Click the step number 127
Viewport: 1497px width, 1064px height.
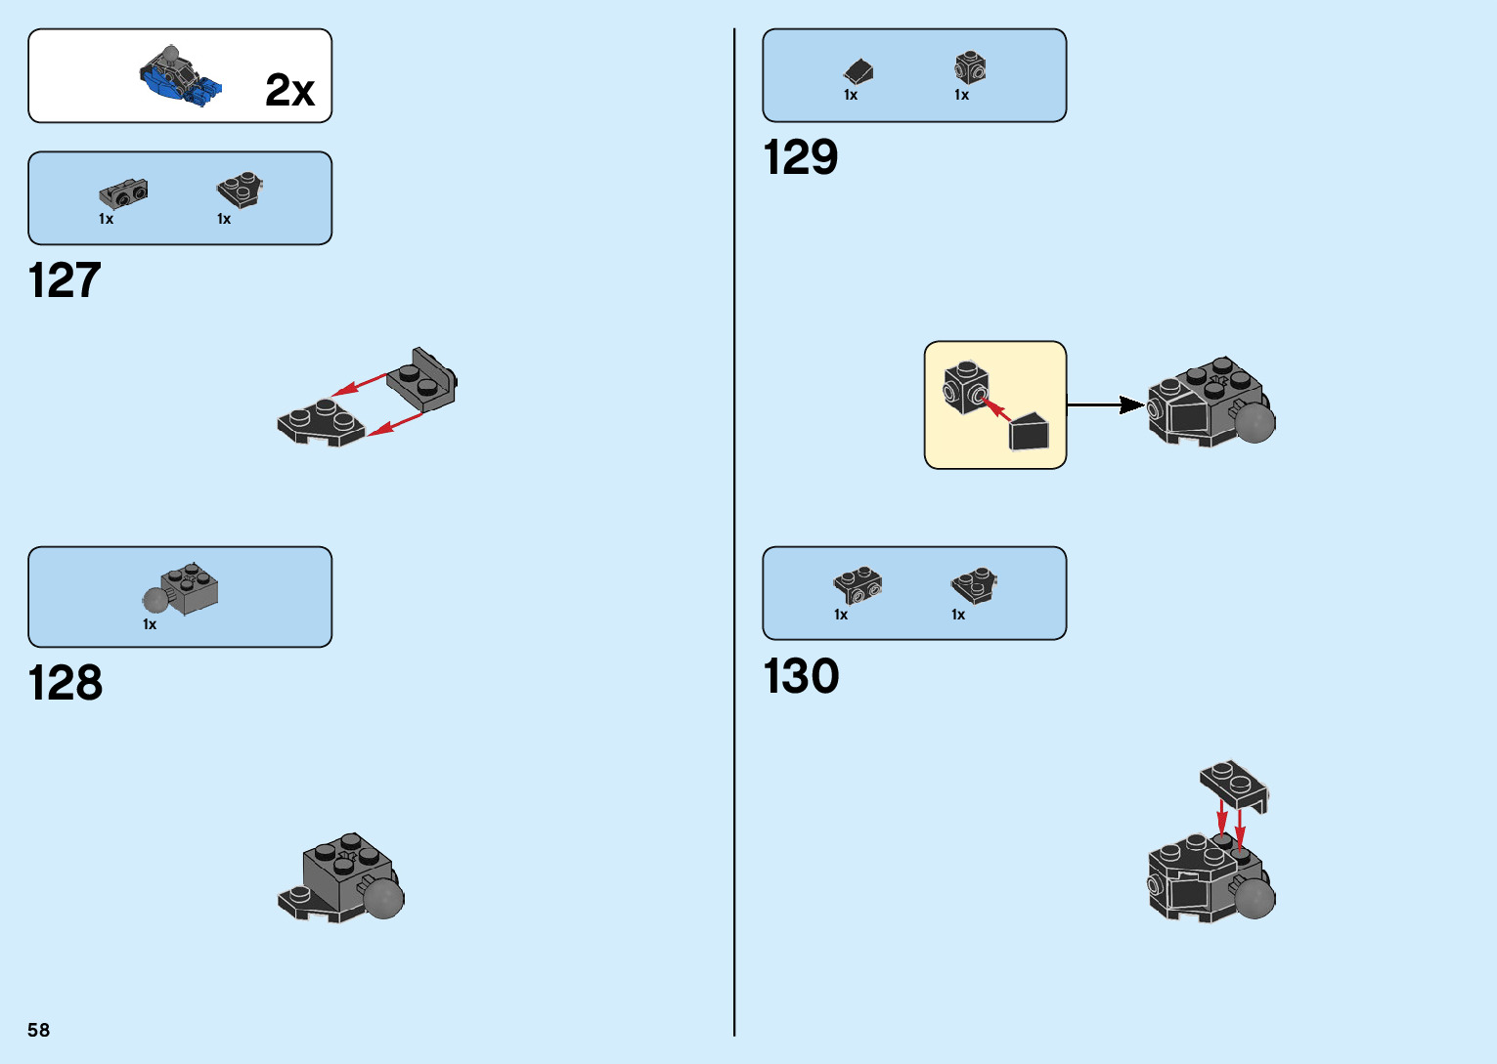click(x=65, y=281)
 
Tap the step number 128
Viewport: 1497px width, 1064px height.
click(x=65, y=684)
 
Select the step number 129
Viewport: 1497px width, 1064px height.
click(x=800, y=158)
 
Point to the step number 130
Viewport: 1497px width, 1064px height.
click(x=801, y=677)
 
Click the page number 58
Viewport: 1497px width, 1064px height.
click(x=38, y=1030)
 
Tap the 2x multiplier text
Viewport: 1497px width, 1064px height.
click(x=289, y=91)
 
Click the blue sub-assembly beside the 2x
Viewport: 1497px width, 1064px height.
click(x=180, y=76)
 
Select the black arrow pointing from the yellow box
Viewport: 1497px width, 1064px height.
click(x=1105, y=404)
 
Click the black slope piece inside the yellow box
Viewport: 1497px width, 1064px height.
click(x=1029, y=432)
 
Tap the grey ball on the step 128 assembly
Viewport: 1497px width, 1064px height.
click(x=383, y=897)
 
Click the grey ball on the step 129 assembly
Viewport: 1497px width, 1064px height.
click(x=1255, y=422)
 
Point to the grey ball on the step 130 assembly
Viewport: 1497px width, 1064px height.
click(x=1255, y=898)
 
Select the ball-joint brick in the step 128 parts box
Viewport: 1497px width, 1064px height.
click(x=182, y=589)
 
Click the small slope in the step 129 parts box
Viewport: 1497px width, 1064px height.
click(x=859, y=71)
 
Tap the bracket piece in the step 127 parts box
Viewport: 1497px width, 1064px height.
click(x=124, y=193)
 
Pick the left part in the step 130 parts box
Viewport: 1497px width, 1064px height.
click(x=858, y=584)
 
